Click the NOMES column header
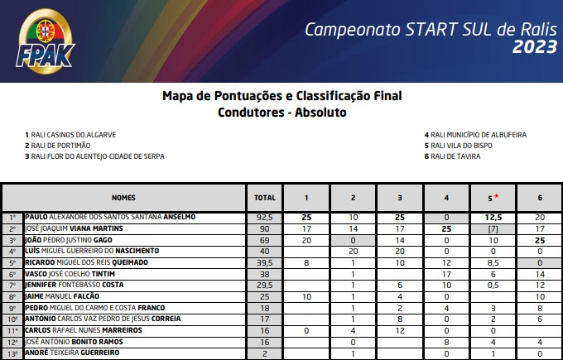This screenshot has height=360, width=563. pyautogui.click(x=125, y=199)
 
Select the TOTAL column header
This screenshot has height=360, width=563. pyautogui.click(x=263, y=199)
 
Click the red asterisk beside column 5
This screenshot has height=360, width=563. pyautogui.click(x=496, y=196)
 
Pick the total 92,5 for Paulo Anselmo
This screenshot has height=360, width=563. pyautogui.click(x=263, y=217)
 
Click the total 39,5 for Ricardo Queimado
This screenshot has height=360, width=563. pyautogui.click(x=263, y=262)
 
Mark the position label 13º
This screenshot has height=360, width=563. pyautogui.click(x=12, y=353)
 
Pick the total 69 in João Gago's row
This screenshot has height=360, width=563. pyautogui.click(x=263, y=239)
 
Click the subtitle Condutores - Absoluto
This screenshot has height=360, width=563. pyautogui.click(x=281, y=112)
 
